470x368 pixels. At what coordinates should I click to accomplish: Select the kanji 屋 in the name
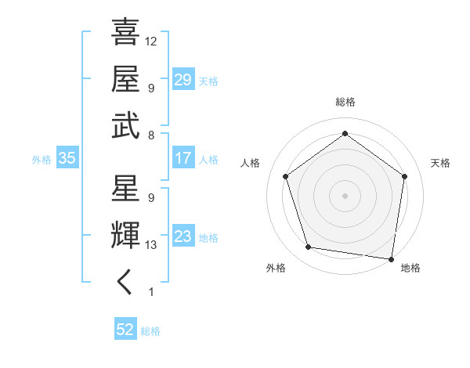point(125,79)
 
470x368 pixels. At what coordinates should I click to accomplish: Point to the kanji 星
point(125,189)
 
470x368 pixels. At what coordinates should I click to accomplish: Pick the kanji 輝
point(125,236)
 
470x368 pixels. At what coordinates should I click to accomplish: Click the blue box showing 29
point(183,80)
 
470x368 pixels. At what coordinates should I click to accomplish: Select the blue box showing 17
point(183,158)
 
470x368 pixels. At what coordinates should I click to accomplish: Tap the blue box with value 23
point(183,236)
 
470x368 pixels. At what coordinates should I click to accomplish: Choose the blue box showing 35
point(67,158)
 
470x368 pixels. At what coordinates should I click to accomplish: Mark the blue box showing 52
point(125,330)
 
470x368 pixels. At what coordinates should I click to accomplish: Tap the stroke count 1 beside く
point(150,292)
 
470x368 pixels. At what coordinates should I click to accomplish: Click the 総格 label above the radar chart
point(345,103)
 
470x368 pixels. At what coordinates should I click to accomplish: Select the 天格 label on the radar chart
point(440,163)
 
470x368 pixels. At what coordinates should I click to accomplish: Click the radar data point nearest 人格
point(285,176)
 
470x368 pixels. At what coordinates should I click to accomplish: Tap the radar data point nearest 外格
point(309,247)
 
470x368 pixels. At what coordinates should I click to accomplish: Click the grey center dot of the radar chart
point(345,195)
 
